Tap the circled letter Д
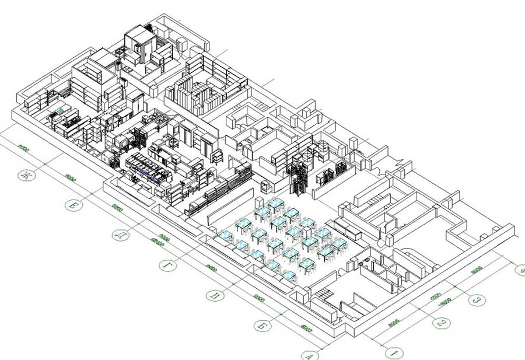(120, 235)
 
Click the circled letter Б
(262, 324)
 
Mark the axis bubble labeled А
(309, 354)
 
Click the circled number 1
(395, 353)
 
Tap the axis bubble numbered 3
(477, 300)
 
